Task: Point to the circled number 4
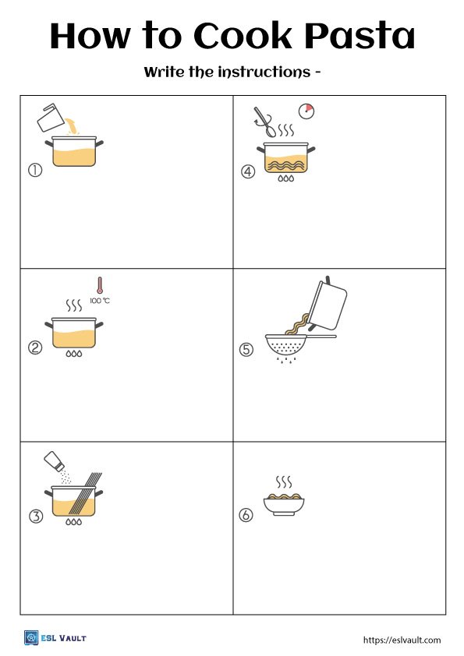tap(248, 173)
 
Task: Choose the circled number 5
tap(246, 350)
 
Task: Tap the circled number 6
tap(246, 515)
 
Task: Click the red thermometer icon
tap(100, 285)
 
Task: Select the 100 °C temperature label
tap(100, 301)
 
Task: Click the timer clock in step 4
tap(306, 111)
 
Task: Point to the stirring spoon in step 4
tap(264, 121)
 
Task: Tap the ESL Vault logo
tap(55, 638)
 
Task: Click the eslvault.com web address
tap(402, 640)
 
